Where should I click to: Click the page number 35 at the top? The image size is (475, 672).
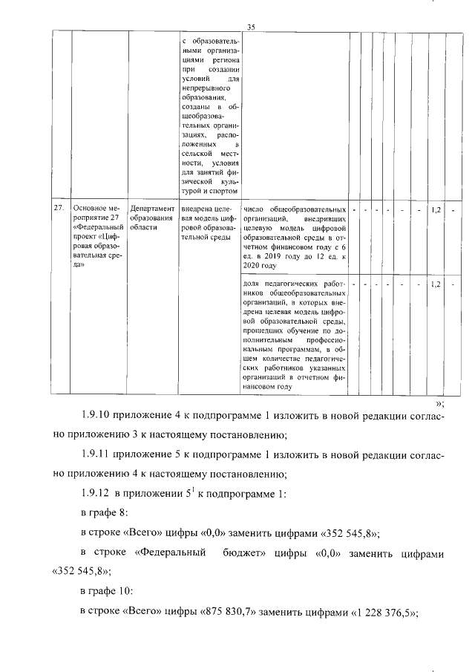pos(251,27)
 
